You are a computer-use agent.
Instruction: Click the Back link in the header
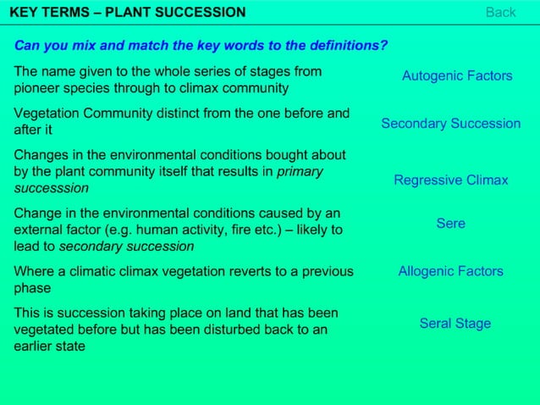click(500, 12)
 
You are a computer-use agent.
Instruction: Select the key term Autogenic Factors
click(456, 76)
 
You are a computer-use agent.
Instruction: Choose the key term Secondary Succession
click(450, 124)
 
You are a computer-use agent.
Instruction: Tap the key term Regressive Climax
click(450, 180)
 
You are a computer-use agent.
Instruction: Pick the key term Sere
click(450, 224)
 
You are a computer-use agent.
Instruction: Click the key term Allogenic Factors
click(450, 272)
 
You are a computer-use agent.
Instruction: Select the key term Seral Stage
click(455, 324)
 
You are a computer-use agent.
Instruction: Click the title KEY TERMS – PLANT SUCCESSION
click(127, 12)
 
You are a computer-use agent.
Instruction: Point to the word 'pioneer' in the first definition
click(36, 88)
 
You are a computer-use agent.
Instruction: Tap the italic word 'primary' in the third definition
click(300, 172)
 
